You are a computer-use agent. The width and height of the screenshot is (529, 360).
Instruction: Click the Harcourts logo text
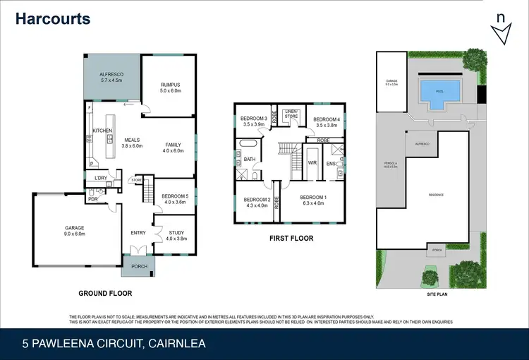(53, 18)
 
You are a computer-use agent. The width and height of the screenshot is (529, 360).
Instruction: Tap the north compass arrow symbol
(501, 31)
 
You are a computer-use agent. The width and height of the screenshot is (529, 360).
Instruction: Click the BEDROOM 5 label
(174, 196)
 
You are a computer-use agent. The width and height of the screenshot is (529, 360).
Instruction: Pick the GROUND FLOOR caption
(106, 293)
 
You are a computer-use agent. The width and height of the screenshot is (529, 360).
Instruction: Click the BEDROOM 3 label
(253, 118)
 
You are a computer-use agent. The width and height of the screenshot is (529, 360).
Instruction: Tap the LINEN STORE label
(291, 115)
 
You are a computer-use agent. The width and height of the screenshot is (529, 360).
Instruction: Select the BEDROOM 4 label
(327, 119)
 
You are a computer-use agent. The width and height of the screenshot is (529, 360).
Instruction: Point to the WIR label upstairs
(312, 163)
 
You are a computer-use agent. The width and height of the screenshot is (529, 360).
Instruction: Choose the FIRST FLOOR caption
(291, 239)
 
